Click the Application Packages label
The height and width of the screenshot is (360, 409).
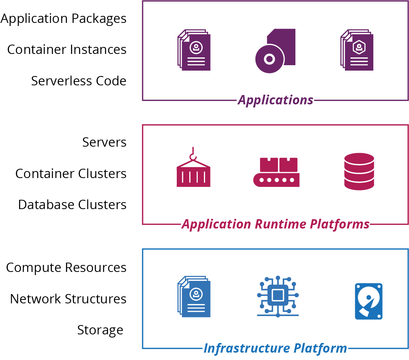coord(64,19)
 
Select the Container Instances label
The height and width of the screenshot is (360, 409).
coord(67,50)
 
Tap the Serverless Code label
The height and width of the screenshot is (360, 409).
coord(79,81)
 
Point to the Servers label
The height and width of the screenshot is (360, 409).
coord(104,142)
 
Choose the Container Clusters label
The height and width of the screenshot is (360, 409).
coord(71,173)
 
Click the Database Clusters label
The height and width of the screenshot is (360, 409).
coord(72,204)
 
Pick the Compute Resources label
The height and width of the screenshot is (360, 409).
coord(66,268)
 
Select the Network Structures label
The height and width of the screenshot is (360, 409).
coord(68,299)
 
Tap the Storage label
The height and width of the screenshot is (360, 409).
coord(100,330)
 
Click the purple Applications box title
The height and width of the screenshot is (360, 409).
coord(276,100)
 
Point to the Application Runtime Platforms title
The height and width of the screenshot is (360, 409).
coord(276,224)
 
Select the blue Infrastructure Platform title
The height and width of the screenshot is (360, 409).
coord(275,348)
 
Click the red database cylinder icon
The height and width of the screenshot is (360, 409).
coord(359,171)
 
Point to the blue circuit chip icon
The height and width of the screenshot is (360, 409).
coord(278,296)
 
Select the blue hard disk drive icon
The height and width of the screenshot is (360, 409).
coord(369,301)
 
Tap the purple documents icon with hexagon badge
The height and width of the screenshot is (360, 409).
coord(357,50)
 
